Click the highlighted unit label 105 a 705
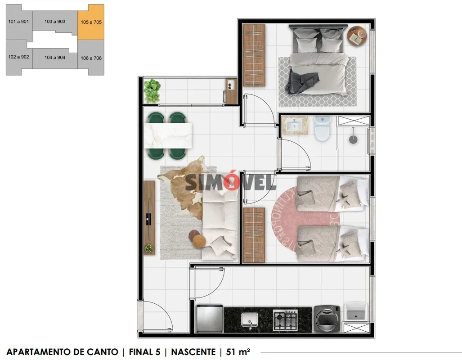click(x=91, y=22)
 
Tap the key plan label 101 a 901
click(x=18, y=22)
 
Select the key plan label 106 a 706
click(x=91, y=58)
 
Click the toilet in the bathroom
click(x=323, y=128)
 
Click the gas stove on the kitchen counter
click(x=285, y=319)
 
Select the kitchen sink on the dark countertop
click(x=249, y=320)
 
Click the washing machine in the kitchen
click(x=327, y=319)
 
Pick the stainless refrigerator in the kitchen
click(x=210, y=319)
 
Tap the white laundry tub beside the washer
click(x=356, y=311)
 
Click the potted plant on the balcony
click(x=152, y=90)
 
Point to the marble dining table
click(x=168, y=135)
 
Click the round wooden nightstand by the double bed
click(x=357, y=36)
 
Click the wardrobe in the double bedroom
click(x=254, y=55)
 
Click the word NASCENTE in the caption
click(x=193, y=352)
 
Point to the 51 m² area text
click(x=238, y=352)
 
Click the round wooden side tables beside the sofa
click(x=197, y=239)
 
